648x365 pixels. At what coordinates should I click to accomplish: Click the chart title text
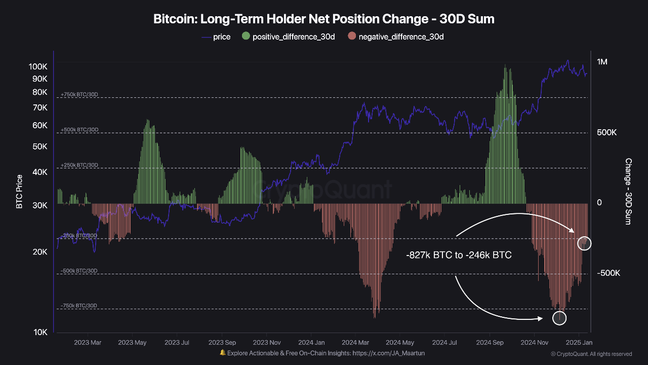tap(324, 19)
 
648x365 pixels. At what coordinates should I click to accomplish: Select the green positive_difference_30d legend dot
tap(246, 36)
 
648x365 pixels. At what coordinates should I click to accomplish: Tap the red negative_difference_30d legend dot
tap(352, 36)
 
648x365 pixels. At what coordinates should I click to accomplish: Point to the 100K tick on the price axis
tap(38, 66)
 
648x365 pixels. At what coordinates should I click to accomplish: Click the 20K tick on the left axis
tap(39, 252)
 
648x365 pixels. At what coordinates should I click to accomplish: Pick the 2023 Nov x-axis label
tap(267, 343)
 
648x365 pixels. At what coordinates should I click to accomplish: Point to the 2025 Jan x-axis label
tap(580, 343)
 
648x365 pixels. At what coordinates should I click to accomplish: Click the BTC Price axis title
tap(19, 192)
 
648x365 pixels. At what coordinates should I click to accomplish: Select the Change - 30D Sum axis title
tap(628, 192)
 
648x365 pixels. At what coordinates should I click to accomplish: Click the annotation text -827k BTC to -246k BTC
tap(459, 255)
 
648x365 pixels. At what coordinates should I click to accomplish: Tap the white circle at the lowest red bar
tap(559, 318)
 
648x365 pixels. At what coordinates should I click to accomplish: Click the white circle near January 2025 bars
tap(584, 243)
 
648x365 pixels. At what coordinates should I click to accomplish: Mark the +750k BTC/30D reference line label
tap(79, 95)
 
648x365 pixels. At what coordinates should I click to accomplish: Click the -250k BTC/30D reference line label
tap(79, 236)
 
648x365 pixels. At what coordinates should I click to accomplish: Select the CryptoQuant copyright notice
tap(591, 354)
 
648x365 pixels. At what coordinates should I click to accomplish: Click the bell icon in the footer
tap(222, 353)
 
